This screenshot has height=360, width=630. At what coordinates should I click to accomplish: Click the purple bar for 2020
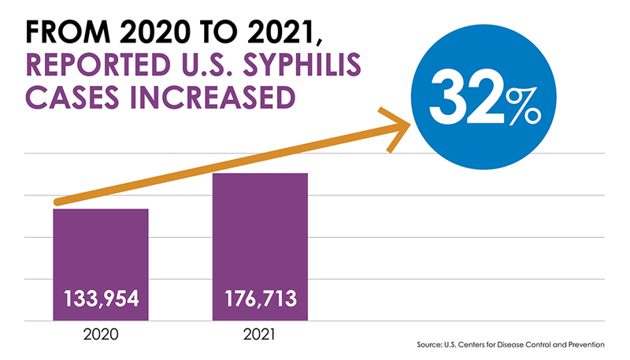(100, 252)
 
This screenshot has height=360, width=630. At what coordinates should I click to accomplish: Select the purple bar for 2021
(260, 236)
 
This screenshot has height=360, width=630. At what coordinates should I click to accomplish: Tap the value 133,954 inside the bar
(101, 300)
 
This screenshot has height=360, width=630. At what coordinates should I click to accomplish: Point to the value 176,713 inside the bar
(261, 300)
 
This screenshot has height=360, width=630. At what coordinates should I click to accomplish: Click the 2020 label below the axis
(101, 334)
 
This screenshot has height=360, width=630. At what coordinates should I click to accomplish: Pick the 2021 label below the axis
(261, 334)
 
